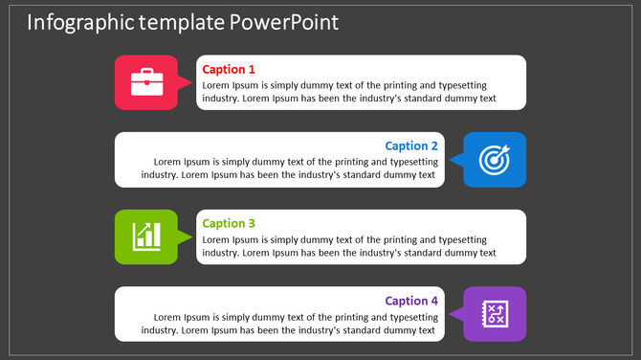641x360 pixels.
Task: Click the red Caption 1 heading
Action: tap(229, 69)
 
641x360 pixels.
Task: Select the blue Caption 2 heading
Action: tap(411, 146)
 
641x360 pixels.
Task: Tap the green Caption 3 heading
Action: tap(229, 223)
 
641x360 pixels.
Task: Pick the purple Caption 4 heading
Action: tap(411, 301)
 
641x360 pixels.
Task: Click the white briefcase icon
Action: tap(145, 81)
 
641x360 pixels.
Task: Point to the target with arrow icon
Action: tap(495, 159)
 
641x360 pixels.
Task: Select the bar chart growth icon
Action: tap(146, 236)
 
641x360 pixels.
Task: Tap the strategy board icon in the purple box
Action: tap(495, 313)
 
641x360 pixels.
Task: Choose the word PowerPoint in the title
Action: tap(284, 22)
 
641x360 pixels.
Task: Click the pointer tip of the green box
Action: tap(191, 236)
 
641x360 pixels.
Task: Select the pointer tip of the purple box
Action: tap(450, 314)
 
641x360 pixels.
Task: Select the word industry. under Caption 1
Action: tap(221, 98)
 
